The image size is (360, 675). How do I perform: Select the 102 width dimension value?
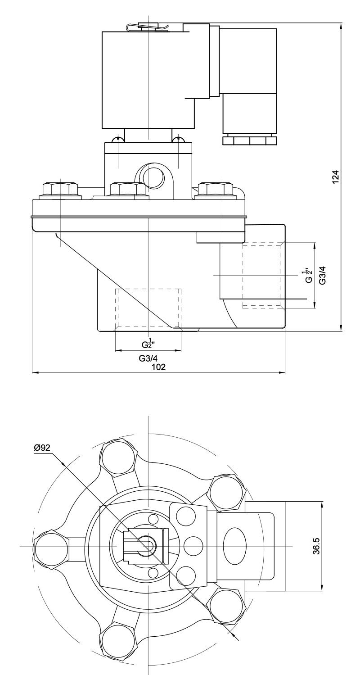coord(158,367)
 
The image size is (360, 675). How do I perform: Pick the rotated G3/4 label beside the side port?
coord(322,275)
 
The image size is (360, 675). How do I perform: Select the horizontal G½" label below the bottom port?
coord(148,344)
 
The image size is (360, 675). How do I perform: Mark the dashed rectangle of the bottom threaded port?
coord(148,308)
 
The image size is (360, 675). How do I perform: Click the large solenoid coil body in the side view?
coord(148,79)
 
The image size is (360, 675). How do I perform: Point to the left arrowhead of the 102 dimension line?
coord(35,373)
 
